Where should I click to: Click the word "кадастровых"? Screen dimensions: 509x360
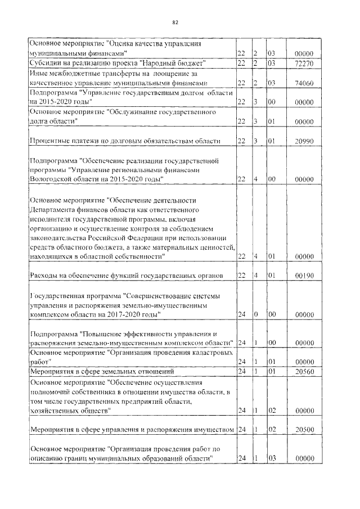pyautogui.click(x=207, y=352)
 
